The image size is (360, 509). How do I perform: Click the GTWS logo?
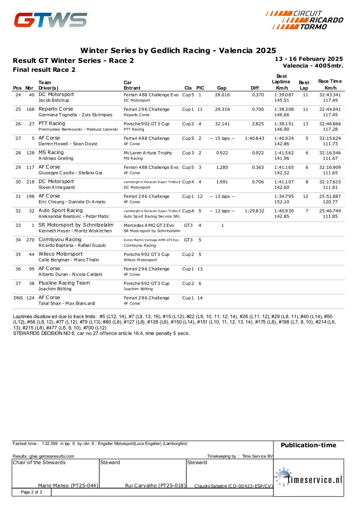tap(51, 20)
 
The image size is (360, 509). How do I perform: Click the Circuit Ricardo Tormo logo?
tap(305, 20)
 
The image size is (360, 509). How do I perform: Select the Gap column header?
tap(222, 88)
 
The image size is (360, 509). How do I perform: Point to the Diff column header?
tap(255, 88)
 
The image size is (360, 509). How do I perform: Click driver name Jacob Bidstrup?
tap(54, 100)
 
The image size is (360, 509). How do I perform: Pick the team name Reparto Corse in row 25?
tap(56, 109)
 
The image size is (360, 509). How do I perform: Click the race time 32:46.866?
tap(330, 124)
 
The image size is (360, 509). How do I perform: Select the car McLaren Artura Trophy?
tap(148, 153)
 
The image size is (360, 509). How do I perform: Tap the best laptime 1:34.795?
tap(284, 196)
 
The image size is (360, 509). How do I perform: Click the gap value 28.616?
tap(222, 95)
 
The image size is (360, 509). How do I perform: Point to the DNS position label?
tap(18, 298)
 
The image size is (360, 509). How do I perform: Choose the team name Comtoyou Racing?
tap(60, 239)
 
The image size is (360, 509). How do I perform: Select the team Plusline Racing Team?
tap(64, 283)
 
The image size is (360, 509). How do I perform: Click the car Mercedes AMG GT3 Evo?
tap(149, 225)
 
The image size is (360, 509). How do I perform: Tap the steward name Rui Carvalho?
tap(155, 485)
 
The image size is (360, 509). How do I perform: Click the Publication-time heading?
tap(308, 445)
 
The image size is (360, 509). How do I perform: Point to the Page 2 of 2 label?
tap(31, 492)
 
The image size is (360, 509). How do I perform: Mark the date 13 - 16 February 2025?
tap(309, 59)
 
